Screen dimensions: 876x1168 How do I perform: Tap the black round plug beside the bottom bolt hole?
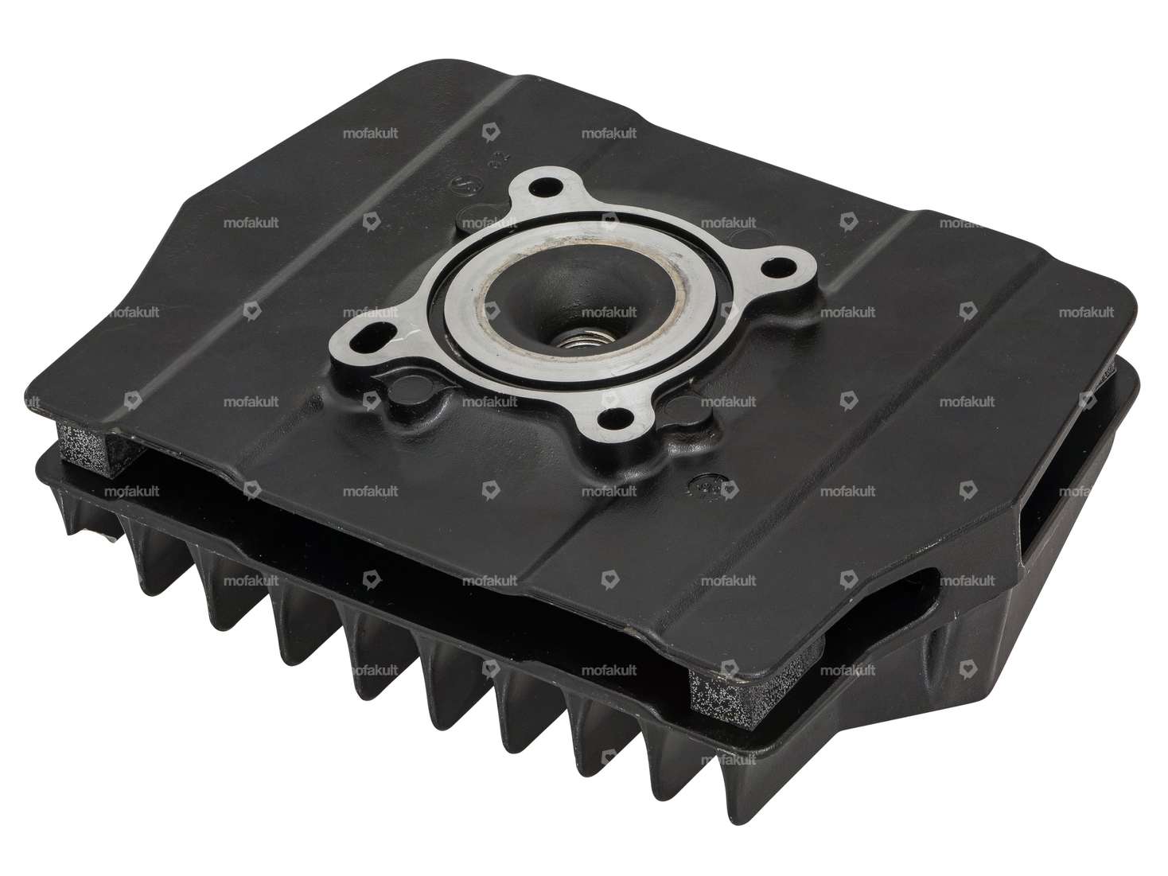click(x=683, y=412)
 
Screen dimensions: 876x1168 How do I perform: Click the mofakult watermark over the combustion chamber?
click(x=609, y=313)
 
